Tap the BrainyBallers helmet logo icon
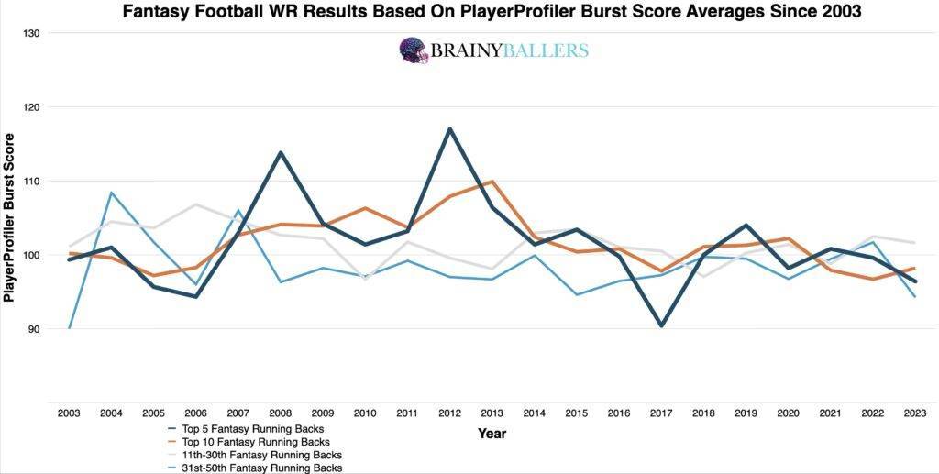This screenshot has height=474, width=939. (x=414, y=50)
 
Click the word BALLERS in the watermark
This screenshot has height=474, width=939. (x=543, y=50)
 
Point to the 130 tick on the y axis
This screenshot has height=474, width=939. (x=33, y=33)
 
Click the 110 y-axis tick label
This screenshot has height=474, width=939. (x=33, y=181)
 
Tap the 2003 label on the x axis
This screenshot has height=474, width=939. (x=69, y=414)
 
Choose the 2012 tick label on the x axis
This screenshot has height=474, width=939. (x=449, y=414)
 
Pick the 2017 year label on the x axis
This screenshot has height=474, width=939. (x=661, y=414)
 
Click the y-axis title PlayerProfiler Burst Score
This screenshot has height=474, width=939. (x=10, y=217)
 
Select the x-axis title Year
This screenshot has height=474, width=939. (x=492, y=434)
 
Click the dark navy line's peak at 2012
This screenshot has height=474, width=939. (x=449, y=128)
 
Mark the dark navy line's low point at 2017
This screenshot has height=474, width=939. (x=661, y=325)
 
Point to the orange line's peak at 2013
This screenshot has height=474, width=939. (x=492, y=182)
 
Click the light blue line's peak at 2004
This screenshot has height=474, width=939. (x=111, y=193)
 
